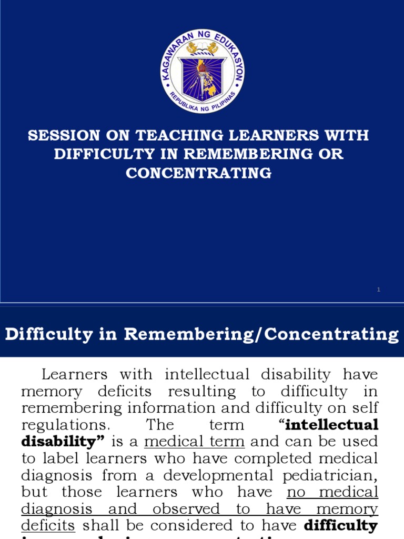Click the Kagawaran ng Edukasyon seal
(203, 71)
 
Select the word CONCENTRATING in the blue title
(199, 173)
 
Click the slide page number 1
(379, 290)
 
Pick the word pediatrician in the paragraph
(331, 475)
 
